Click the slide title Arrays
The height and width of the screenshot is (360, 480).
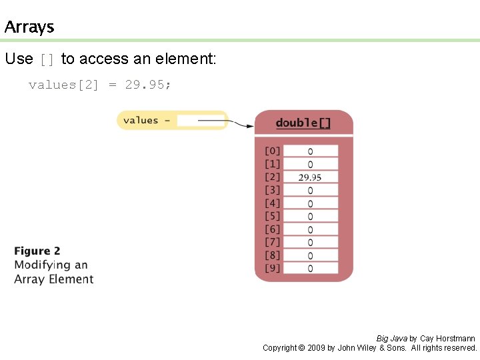(x=29, y=27)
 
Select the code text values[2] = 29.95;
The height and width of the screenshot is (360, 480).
(x=99, y=85)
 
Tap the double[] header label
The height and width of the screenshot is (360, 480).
(x=303, y=123)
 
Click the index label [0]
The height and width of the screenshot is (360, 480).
(x=273, y=151)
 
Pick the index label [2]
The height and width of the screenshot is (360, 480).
(x=273, y=177)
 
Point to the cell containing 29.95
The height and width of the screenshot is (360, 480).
(x=310, y=177)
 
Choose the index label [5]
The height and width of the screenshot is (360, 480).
(x=273, y=216)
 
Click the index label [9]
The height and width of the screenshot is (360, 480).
(x=273, y=268)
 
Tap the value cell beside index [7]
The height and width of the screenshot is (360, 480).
(x=310, y=242)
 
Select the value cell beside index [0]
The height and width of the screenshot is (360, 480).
(x=310, y=151)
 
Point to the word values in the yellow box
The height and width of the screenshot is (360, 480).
(x=141, y=121)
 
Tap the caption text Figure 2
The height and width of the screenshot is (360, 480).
(x=37, y=251)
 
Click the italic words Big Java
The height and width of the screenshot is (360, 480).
(x=391, y=339)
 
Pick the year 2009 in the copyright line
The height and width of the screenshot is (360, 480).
(x=316, y=348)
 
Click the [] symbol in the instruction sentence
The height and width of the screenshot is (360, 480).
(x=47, y=60)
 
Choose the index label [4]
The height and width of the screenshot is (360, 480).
(x=273, y=203)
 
